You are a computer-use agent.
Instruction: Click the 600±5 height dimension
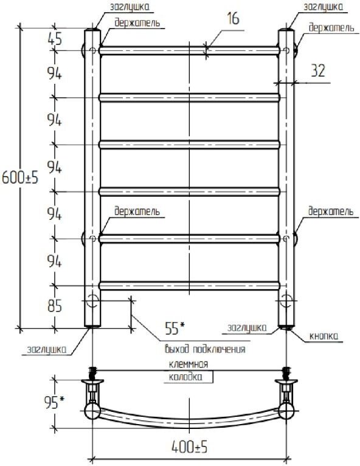(x=20, y=178)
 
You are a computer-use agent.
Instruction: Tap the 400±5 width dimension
(x=189, y=447)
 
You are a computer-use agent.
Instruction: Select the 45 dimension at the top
(x=55, y=39)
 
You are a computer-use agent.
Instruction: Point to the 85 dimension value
(x=55, y=306)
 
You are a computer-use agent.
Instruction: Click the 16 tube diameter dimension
(x=233, y=18)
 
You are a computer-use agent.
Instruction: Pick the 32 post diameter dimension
(x=318, y=70)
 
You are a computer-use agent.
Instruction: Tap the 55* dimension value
(x=175, y=328)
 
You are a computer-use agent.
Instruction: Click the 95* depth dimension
(x=54, y=402)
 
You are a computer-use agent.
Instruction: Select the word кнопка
(x=324, y=336)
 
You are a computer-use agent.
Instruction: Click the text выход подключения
(x=205, y=349)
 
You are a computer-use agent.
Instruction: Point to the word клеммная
(x=189, y=364)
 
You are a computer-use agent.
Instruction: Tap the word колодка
(x=185, y=377)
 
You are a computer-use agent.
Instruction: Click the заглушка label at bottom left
(x=46, y=349)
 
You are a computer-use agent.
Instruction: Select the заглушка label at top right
(x=323, y=7)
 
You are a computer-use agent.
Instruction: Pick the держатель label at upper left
(x=137, y=22)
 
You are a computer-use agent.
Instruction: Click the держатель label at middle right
(x=331, y=211)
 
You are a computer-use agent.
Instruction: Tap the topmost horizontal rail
(x=189, y=50)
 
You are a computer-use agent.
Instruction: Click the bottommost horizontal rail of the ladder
(x=189, y=286)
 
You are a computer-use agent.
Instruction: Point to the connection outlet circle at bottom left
(x=93, y=301)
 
